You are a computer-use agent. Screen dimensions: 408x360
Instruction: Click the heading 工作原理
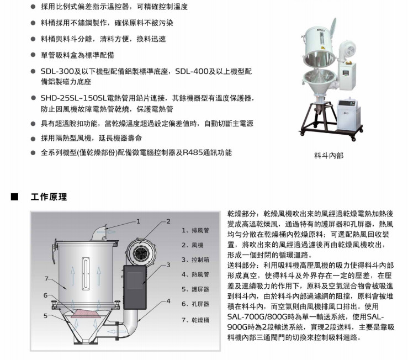tap(49, 197)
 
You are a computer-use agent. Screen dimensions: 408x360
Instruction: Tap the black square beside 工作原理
tap(14, 197)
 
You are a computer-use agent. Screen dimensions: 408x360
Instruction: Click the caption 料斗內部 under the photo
tap(329, 155)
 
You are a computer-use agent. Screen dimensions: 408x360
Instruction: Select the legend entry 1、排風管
tap(195, 230)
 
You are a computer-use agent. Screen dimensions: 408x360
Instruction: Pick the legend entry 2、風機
tap(192, 245)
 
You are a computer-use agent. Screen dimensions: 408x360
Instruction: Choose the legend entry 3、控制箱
tap(195, 260)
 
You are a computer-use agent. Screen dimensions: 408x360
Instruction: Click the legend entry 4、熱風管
tap(195, 274)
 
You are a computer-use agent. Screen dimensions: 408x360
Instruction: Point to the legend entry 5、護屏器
tap(195, 289)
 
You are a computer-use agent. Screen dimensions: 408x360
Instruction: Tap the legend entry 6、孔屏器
tap(195, 304)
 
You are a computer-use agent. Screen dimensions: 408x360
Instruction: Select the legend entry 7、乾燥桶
tap(195, 320)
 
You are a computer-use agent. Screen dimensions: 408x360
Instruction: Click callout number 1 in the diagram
tap(139, 221)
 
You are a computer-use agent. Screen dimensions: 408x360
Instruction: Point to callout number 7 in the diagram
tap(46, 279)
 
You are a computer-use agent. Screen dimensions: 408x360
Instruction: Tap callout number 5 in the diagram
tap(45, 316)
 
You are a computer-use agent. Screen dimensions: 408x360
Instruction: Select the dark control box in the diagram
tap(135, 287)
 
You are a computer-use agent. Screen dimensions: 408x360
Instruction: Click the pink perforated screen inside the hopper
tap(86, 314)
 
